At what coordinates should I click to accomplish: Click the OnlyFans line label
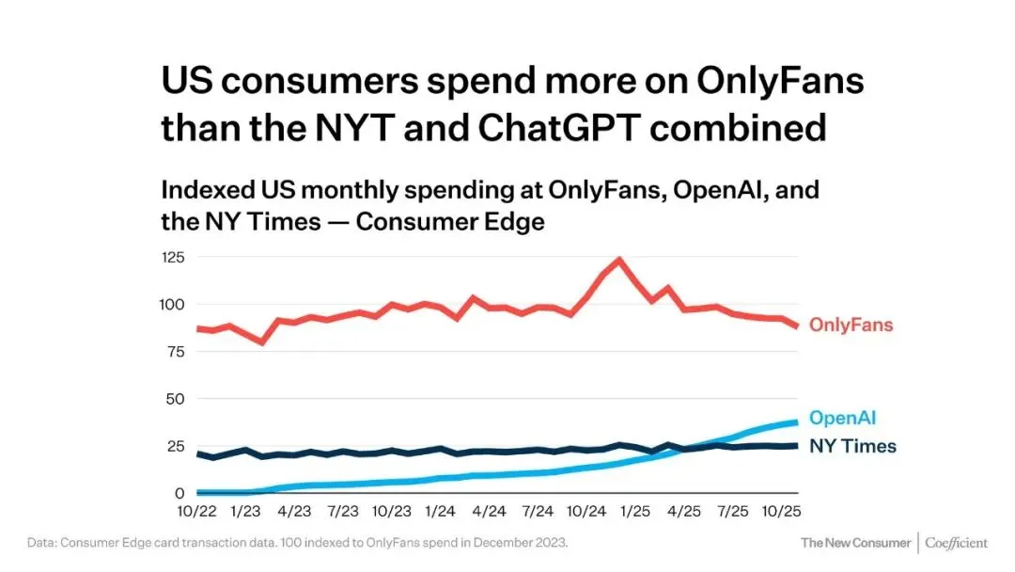851,326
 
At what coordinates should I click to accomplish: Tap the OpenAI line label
843,418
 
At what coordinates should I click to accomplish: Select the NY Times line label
852,446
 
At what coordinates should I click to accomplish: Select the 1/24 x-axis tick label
440,512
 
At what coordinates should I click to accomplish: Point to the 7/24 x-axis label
538,512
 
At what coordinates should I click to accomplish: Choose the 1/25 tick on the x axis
635,512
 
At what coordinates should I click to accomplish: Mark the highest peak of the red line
618,260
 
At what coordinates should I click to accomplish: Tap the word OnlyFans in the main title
779,82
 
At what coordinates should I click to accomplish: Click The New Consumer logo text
855,543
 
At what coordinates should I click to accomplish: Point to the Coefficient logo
956,543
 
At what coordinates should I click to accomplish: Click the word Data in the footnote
40,543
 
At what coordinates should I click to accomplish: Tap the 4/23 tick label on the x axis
294,512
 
